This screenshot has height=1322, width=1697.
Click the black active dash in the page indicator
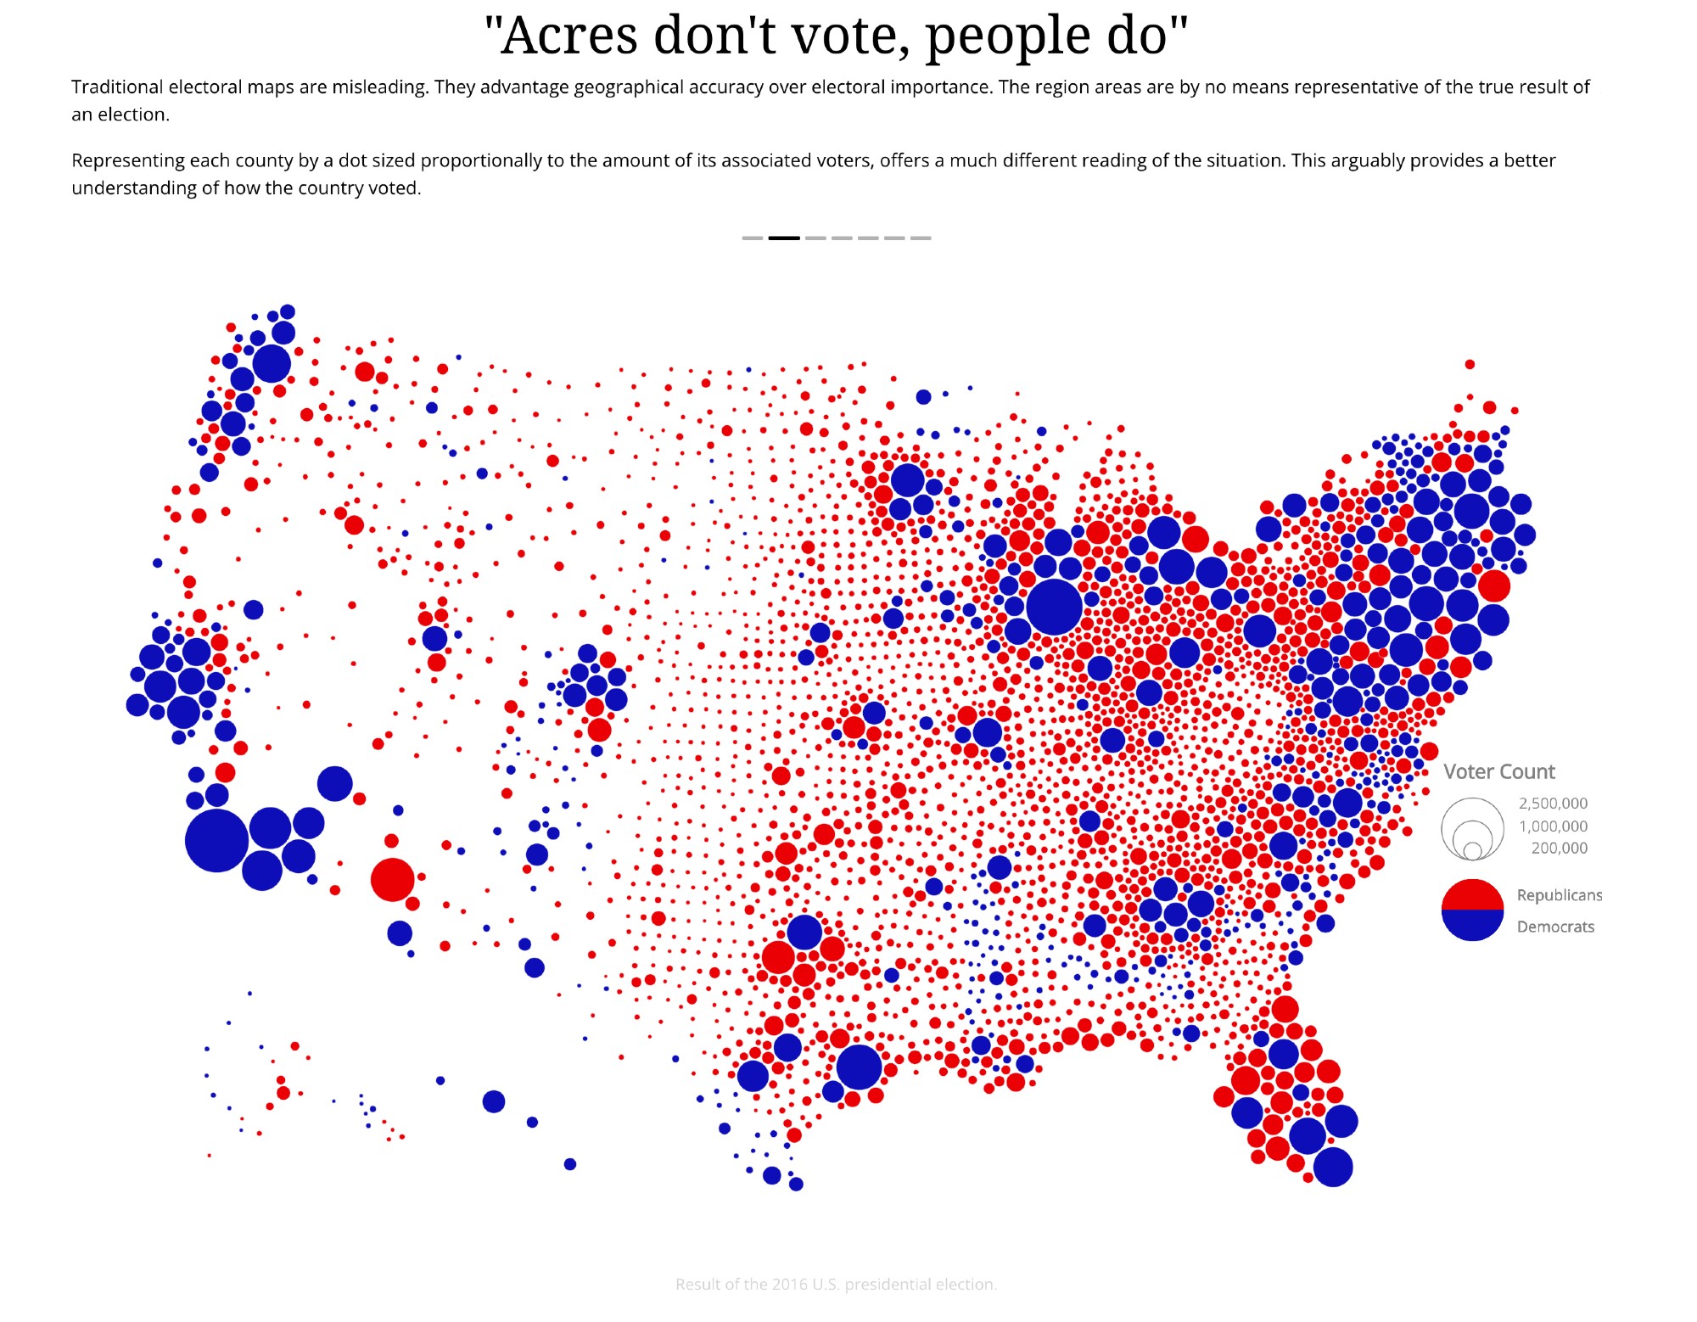point(784,238)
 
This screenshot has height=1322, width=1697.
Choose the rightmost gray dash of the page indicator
point(921,238)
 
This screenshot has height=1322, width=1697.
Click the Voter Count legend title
point(1499,771)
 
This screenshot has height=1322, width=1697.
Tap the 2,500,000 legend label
point(1553,803)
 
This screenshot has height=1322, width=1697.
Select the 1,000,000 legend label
point(1553,826)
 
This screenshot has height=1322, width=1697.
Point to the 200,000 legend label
point(1559,848)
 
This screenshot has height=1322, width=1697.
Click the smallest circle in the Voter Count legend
point(1473,850)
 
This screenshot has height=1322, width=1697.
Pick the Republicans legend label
point(1560,895)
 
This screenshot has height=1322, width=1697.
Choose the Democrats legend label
point(1555,927)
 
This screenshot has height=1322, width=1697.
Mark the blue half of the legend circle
point(1473,926)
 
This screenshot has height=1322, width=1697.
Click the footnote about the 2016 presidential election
point(836,1284)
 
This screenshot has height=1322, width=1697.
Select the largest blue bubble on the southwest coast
point(217,841)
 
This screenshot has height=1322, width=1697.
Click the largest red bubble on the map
point(393,879)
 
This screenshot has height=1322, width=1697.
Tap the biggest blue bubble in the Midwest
point(1054,607)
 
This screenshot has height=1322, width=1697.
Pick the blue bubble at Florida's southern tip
point(1333,1168)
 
